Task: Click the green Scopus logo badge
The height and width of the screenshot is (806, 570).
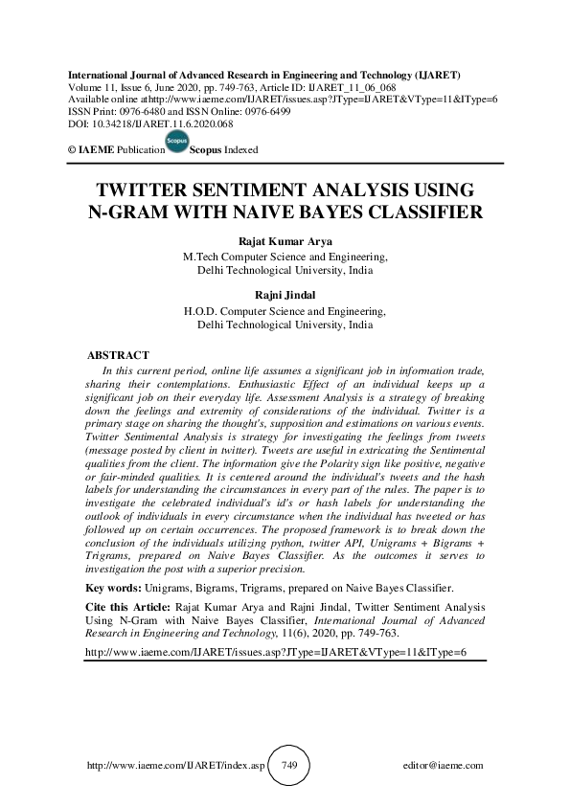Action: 176,144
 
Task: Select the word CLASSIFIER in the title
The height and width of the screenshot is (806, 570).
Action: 415,212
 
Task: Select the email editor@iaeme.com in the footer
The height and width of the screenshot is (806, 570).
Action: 445,767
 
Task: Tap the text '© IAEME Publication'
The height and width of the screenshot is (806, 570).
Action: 112,151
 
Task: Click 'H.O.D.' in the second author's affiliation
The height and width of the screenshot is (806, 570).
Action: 199,311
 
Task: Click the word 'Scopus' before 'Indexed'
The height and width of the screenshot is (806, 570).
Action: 207,151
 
